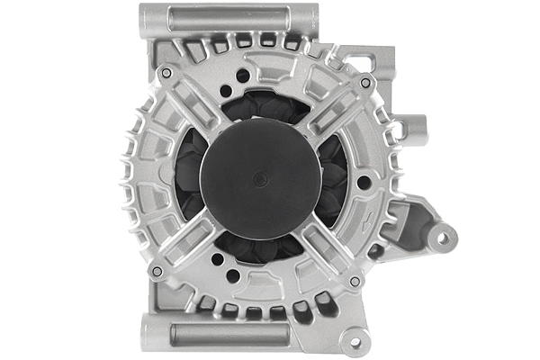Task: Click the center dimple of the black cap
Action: point(260,178)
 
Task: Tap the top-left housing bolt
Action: point(166,72)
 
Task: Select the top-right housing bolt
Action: point(364,82)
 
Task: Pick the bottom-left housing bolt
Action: point(157,271)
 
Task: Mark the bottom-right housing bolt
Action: point(355,281)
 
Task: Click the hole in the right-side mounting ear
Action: point(442,238)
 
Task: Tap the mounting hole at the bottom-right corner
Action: point(355,343)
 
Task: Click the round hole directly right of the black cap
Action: point(362,182)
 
